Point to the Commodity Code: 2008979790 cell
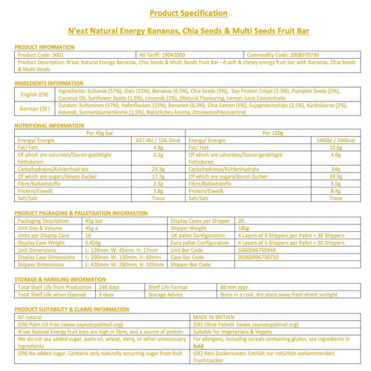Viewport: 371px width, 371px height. [x=283, y=54]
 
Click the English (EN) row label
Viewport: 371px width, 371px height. [x=35, y=94]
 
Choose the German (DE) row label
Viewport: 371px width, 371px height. [x=35, y=109]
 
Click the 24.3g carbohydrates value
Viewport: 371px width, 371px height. [x=157, y=168]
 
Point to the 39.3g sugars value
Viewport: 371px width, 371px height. [x=336, y=176]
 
